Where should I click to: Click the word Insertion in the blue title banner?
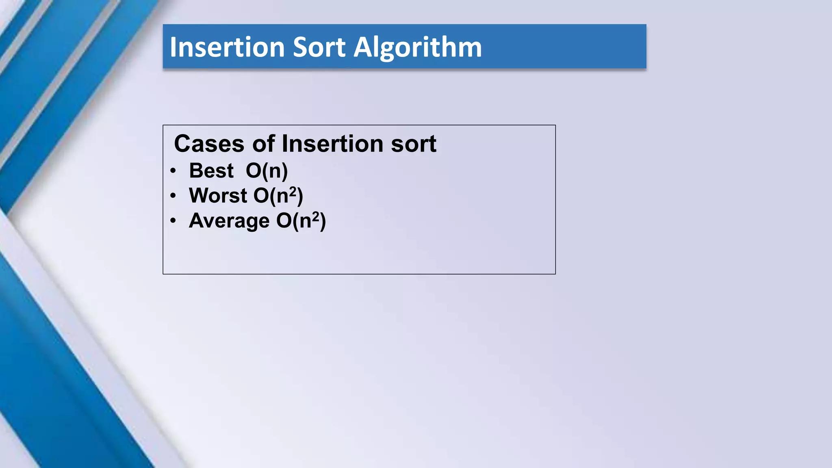(x=227, y=47)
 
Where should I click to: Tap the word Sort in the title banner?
(x=319, y=47)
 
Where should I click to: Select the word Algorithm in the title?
(x=418, y=48)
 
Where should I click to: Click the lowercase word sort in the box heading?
(x=413, y=145)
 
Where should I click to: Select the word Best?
(x=211, y=171)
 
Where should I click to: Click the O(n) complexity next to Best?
(x=266, y=171)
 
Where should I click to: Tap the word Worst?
(x=218, y=196)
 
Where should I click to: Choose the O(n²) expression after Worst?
(x=278, y=196)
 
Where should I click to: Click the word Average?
(x=229, y=221)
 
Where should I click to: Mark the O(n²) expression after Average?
(x=301, y=221)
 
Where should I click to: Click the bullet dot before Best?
(x=173, y=171)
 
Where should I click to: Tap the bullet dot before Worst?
(x=173, y=196)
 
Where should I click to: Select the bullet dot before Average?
(x=173, y=221)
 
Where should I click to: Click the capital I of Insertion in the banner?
(x=173, y=47)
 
